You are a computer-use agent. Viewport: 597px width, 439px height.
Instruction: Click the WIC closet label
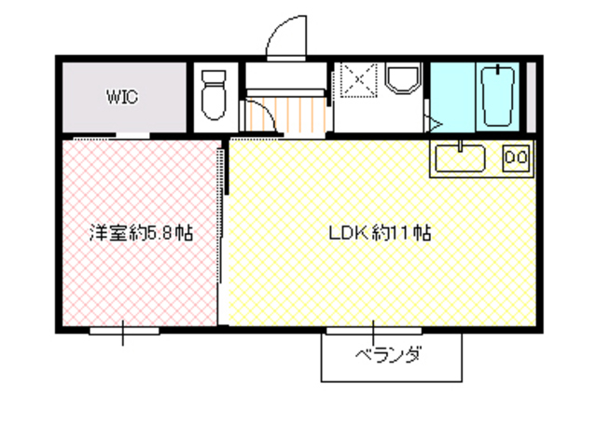coord(121,96)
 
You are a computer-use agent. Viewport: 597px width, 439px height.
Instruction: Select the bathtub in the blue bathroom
coord(502,97)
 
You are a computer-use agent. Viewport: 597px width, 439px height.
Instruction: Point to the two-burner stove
coord(516,158)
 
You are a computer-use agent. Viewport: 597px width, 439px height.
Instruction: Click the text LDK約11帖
coord(378,233)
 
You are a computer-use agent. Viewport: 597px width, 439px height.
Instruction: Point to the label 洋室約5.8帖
coord(141,233)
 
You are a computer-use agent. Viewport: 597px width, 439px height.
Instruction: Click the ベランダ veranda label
coord(389,355)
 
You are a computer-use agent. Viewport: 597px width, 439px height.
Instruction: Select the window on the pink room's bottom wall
coord(124,329)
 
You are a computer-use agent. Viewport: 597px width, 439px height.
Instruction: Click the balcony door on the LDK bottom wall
coord(372,329)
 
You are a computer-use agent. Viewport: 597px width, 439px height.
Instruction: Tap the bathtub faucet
coord(502,70)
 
